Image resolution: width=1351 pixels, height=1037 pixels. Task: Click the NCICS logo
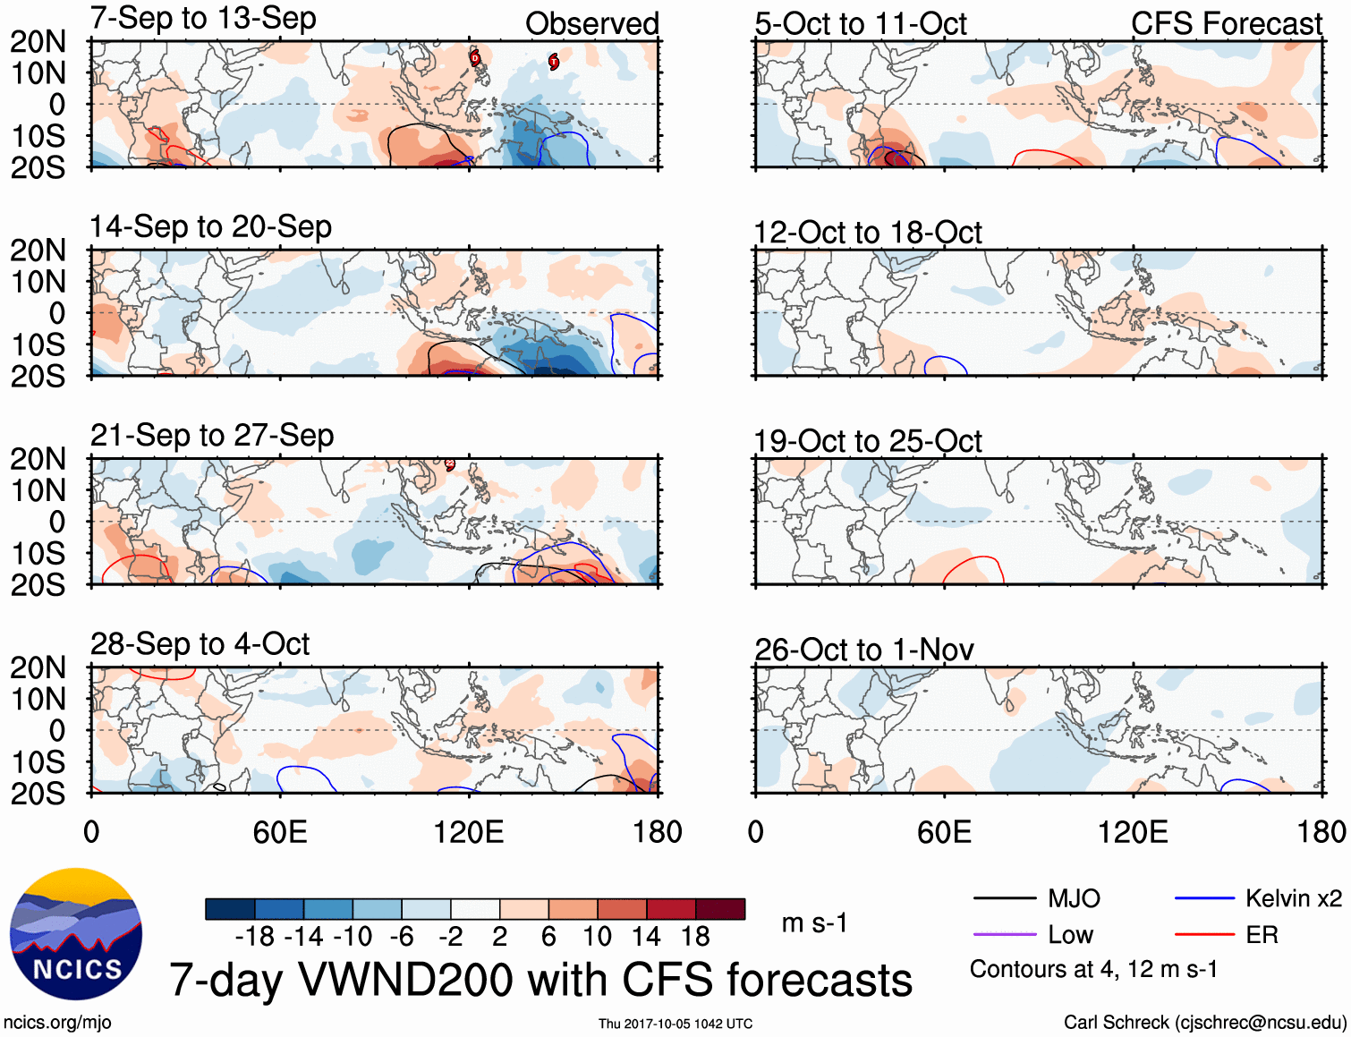click(x=76, y=934)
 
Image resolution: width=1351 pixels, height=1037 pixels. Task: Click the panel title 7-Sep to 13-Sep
click(x=203, y=18)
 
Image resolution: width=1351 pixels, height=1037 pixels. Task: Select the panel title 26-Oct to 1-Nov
click(x=863, y=650)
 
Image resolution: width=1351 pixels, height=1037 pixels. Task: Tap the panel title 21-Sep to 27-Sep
click(x=212, y=436)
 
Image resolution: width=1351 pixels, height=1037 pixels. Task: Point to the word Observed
click(x=591, y=24)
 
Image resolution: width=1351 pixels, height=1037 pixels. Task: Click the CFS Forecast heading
click(x=1226, y=24)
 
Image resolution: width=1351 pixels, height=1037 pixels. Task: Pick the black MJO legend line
click(x=1004, y=898)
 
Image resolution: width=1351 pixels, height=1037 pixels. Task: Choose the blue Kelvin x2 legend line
click(x=1204, y=898)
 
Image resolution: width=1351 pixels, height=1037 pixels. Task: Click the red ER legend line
click(x=1204, y=935)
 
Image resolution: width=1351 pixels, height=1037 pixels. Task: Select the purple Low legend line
click(x=1004, y=935)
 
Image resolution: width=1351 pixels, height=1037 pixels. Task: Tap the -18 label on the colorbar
click(x=254, y=937)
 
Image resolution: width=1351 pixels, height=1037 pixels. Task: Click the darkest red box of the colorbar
click(x=720, y=909)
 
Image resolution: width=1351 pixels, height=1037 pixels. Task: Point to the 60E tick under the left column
click(x=280, y=832)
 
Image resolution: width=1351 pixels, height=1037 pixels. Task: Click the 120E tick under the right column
click(x=1133, y=832)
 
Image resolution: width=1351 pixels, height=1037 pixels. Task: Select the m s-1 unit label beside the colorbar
click(x=814, y=923)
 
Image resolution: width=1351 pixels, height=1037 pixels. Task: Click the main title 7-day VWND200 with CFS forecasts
click(x=540, y=980)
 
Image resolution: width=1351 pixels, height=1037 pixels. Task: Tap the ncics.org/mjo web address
click(x=57, y=1022)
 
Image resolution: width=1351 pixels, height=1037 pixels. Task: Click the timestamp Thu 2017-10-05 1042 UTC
click(x=675, y=1024)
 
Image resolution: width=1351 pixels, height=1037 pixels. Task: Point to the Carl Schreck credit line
click(x=1204, y=1022)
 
